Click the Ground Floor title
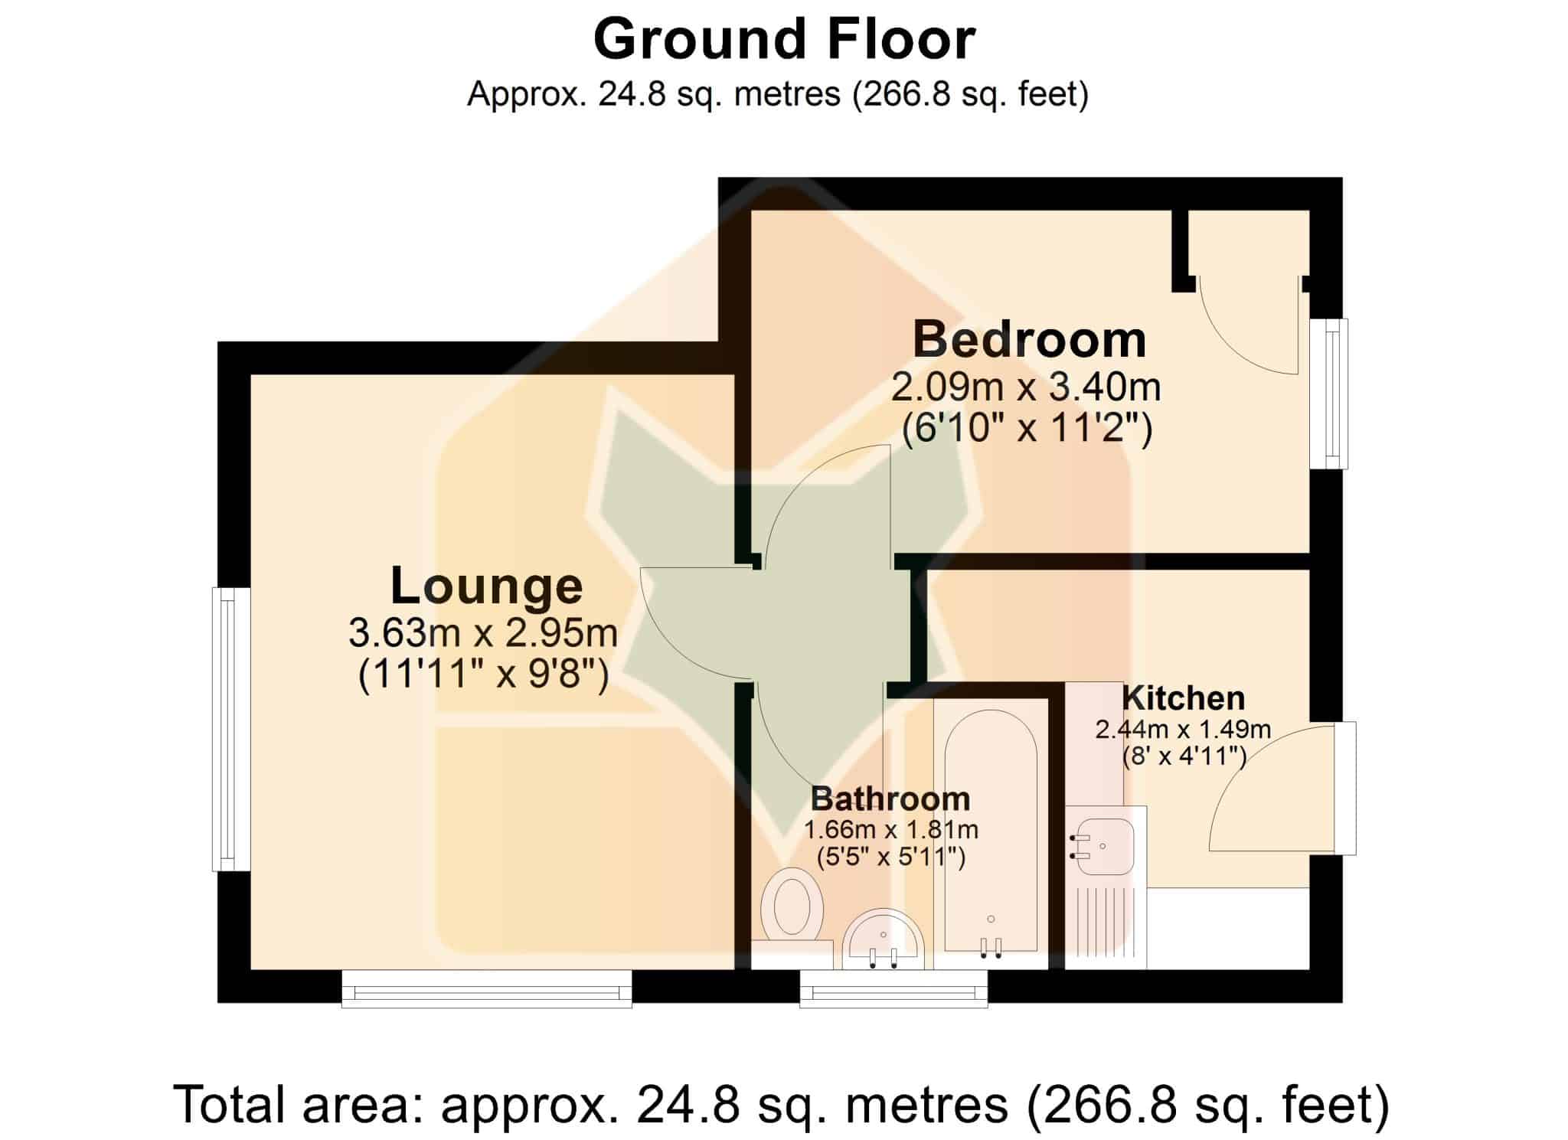(784, 40)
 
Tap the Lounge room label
(487, 586)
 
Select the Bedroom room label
(1030, 340)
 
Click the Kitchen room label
(1183, 698)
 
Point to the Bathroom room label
(890, 799)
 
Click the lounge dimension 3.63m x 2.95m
(483, 633)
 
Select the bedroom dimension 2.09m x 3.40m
(1026, 388)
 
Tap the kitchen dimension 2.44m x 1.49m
(1183, 730)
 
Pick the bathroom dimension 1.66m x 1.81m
(890, 830)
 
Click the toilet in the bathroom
(792, 906)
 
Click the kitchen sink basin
(1102, 845)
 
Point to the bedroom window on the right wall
(1328, 394)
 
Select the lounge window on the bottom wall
(487, 988)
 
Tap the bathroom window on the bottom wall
(893, 988)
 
